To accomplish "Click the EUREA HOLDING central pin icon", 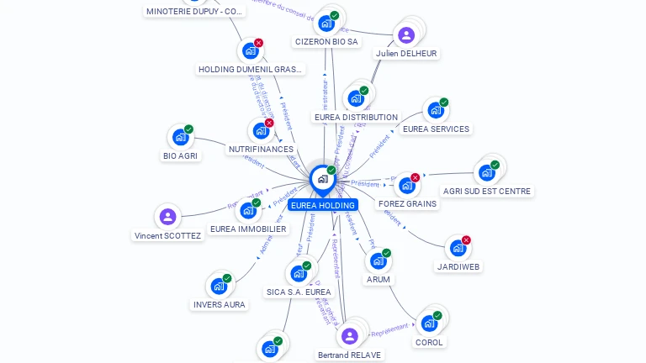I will coord(322,179).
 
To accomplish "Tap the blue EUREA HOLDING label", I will coord(323,205).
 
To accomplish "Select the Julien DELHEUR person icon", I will coord(406,35).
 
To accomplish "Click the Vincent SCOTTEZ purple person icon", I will coord(168,217).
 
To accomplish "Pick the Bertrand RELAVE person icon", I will coord(350,336).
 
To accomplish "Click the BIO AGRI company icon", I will coord(180,137).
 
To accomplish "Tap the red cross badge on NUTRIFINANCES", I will coord(269,123).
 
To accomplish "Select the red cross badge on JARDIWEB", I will coord(466,240).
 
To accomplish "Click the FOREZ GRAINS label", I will coord(408,203).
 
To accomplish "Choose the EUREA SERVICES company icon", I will coord(434,110).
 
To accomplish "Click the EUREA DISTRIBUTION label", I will coord(356,117).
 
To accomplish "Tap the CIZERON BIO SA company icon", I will coord(326,23).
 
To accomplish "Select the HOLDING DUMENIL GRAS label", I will coord(251,69).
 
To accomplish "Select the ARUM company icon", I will coord(378,260).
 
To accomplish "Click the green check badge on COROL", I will coord(437,313).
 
